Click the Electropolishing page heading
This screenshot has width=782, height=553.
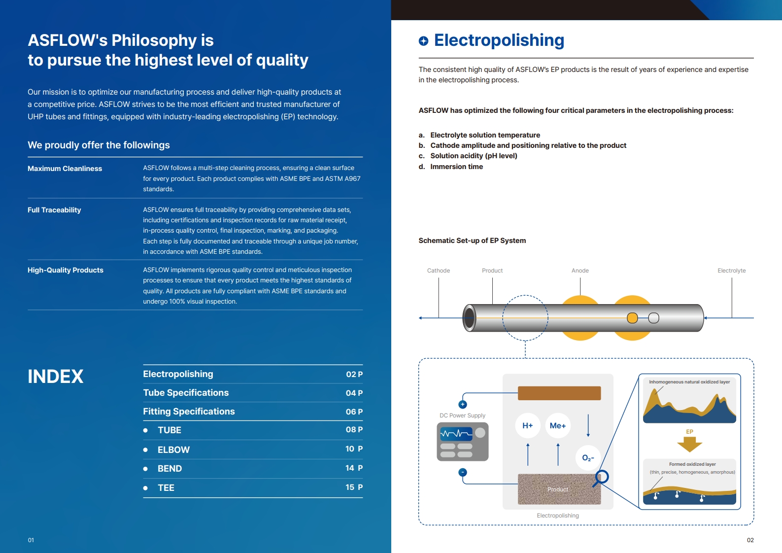pyautogui.click(x=499, y=40)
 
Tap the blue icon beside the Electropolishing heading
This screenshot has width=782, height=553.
pyautogui.click(x=423, y=41)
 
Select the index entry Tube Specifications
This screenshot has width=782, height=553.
pyautogui.click(x=186, y=393)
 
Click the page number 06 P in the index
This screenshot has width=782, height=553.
pyautogui.click(x=354, y=412)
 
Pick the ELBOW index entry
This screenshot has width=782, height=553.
pyautogui.click(x=173, y=449)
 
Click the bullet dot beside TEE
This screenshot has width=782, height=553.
pyautogui.click(x=145, y=488)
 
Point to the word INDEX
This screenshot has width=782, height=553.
pyautogui.click(x=56, y=377)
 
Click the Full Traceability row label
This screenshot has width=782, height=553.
pyautogui.click(x=54, y=210)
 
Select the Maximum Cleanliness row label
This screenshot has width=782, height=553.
pyautogui.click(x=65, y=169)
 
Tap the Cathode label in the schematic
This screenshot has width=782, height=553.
pyautogui.click(x=438, y=271)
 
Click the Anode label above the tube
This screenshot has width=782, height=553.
pyautogui.click(x=580, y=271)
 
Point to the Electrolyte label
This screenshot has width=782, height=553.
pyautogui.click(x=731, y=271)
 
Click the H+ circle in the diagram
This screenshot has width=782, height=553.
pyautogui.click(x=528, y=425)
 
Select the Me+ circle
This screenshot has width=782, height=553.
pyautogui.click(x=558, y=425)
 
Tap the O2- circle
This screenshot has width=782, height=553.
pyautogui.click(x=588, y=458)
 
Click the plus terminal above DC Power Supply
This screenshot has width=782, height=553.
pyautogui.click(x=463, y=405)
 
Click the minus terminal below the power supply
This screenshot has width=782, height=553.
pyautogui.click(x=463, y=472)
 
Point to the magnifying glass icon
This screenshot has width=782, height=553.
pyautogui.click(x=601, y=477)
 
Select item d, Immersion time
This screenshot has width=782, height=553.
pyautogui.click(x=456, y=167)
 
